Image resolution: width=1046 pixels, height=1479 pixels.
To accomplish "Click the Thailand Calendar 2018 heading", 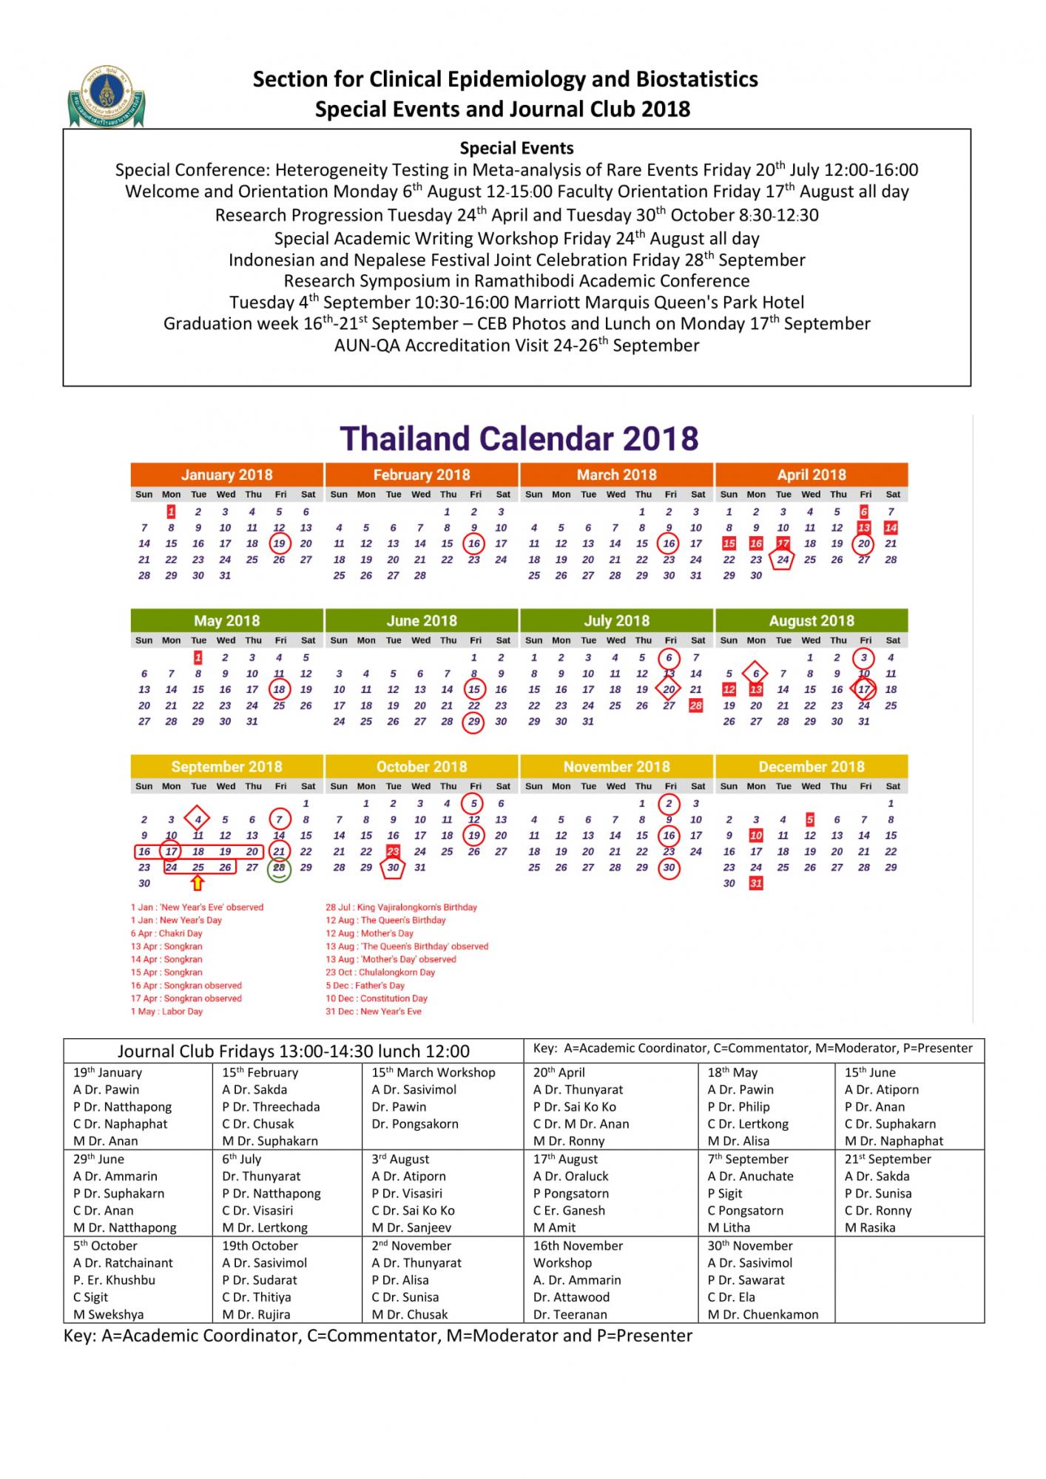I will point(519,439).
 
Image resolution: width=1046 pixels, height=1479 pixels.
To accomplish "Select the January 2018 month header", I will point(226,475).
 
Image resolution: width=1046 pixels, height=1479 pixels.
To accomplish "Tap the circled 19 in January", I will point(280,544).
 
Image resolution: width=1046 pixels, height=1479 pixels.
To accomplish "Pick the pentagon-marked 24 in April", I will point(783,560).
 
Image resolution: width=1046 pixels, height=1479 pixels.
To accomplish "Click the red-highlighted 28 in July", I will point(695,705).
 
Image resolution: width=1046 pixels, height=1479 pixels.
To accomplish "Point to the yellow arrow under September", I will point(198,882).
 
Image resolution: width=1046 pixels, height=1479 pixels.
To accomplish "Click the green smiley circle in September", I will point(280,869).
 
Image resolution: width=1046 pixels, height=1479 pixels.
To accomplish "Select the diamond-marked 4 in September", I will point(198,819).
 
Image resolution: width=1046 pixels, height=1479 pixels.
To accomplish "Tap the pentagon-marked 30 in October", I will point(393,867).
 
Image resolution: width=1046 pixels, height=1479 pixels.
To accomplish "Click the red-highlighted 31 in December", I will point(755,883).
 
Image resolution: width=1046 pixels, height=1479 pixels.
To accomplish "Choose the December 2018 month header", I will point(811,767).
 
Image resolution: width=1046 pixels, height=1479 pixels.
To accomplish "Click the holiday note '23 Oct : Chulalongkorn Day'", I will point(380,972).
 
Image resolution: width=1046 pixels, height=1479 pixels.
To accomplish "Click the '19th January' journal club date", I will point(107,1072).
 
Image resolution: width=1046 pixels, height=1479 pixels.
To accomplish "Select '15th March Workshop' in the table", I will point(433,1072).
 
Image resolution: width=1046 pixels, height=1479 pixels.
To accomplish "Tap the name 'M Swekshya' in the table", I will point(108,1314).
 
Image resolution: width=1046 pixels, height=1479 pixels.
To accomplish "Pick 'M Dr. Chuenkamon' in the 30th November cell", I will point(763,1314).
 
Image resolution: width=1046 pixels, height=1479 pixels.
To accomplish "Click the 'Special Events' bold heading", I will point(516,148).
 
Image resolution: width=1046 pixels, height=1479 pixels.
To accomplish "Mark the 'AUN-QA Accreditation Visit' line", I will point(516,345).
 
